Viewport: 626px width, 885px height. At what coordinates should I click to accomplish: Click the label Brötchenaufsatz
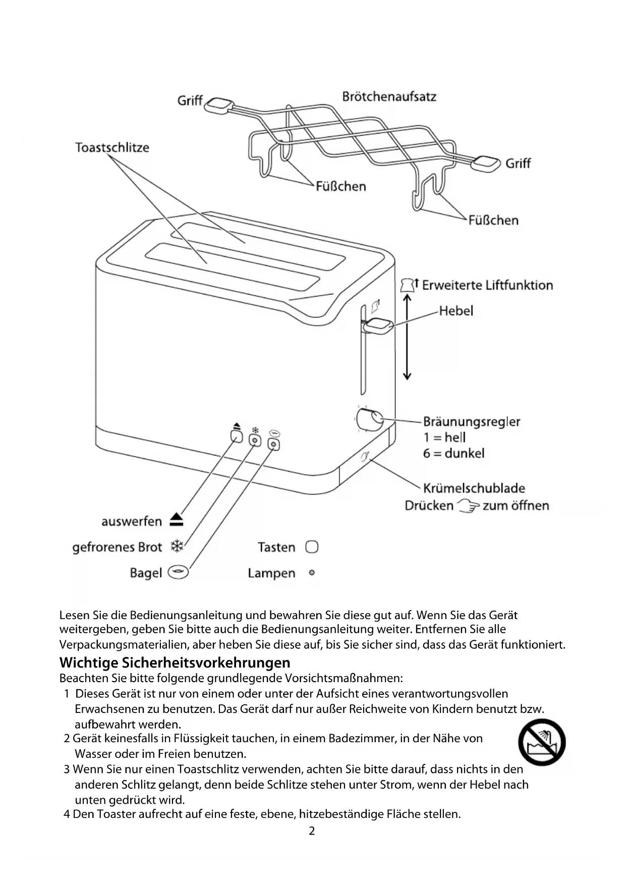point(389,96)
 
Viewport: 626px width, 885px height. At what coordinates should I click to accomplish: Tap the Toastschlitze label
point(112,147)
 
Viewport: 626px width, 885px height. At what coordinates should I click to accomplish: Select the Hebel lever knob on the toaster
point(378,325)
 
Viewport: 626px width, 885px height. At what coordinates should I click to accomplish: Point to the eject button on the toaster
point(237,436)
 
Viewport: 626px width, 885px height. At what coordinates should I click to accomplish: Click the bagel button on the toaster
point(274,445)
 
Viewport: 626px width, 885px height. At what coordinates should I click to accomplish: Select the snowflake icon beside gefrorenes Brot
point(177,546)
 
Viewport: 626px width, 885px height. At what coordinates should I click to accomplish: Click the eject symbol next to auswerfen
point(177,520)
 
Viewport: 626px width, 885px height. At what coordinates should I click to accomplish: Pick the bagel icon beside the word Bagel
point(178,572)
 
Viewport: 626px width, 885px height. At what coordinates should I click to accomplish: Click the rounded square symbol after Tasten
point(312,547)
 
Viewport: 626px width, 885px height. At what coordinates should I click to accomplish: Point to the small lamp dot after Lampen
point(312,573)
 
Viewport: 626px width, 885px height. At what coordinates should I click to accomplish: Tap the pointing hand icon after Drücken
point(468,505)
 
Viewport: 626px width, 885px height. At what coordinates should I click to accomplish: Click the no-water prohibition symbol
point(542,743)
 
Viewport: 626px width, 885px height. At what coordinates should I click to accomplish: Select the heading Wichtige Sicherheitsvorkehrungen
point(175,662)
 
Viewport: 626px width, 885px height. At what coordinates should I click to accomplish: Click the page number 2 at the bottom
point(312,831)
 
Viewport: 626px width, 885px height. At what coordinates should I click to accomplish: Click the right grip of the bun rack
point(487,163)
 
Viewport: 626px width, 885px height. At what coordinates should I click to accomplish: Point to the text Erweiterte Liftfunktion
point(487,286)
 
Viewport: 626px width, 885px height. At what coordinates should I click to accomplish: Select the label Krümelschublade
point(474,488)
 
